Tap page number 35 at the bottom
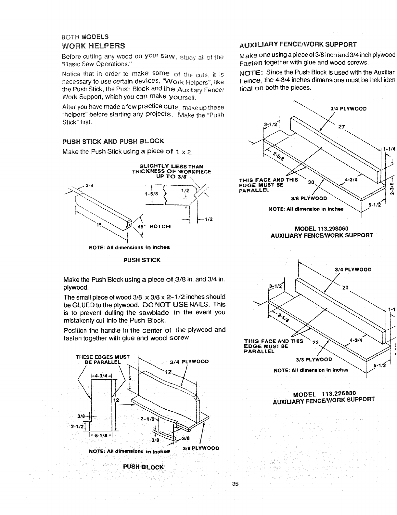click(x=236, y=483)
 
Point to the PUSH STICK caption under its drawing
click(x=142, y=260)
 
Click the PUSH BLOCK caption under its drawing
click(x=143, y=467)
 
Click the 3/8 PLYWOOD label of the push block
click(x=201, y=448)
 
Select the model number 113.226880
click(x=337, y=392)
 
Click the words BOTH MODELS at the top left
click(x=85, y=36)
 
